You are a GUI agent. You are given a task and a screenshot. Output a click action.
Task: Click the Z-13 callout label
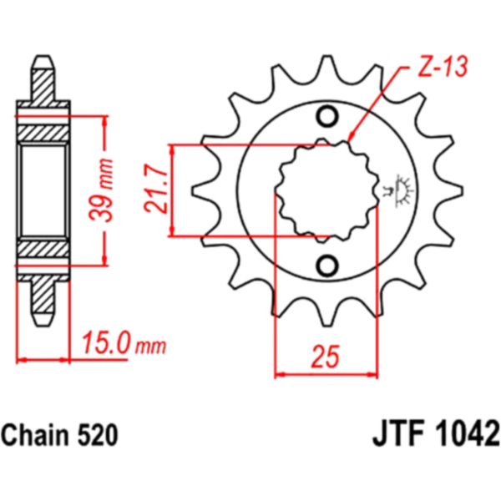[443, 67]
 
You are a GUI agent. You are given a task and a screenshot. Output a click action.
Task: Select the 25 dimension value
[326, 356]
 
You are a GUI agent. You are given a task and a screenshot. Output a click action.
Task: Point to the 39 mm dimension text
[102, 190]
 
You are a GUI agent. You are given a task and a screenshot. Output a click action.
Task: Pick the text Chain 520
[60, 435]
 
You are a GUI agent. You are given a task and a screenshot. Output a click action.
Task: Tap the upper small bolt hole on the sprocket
[326, 117]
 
